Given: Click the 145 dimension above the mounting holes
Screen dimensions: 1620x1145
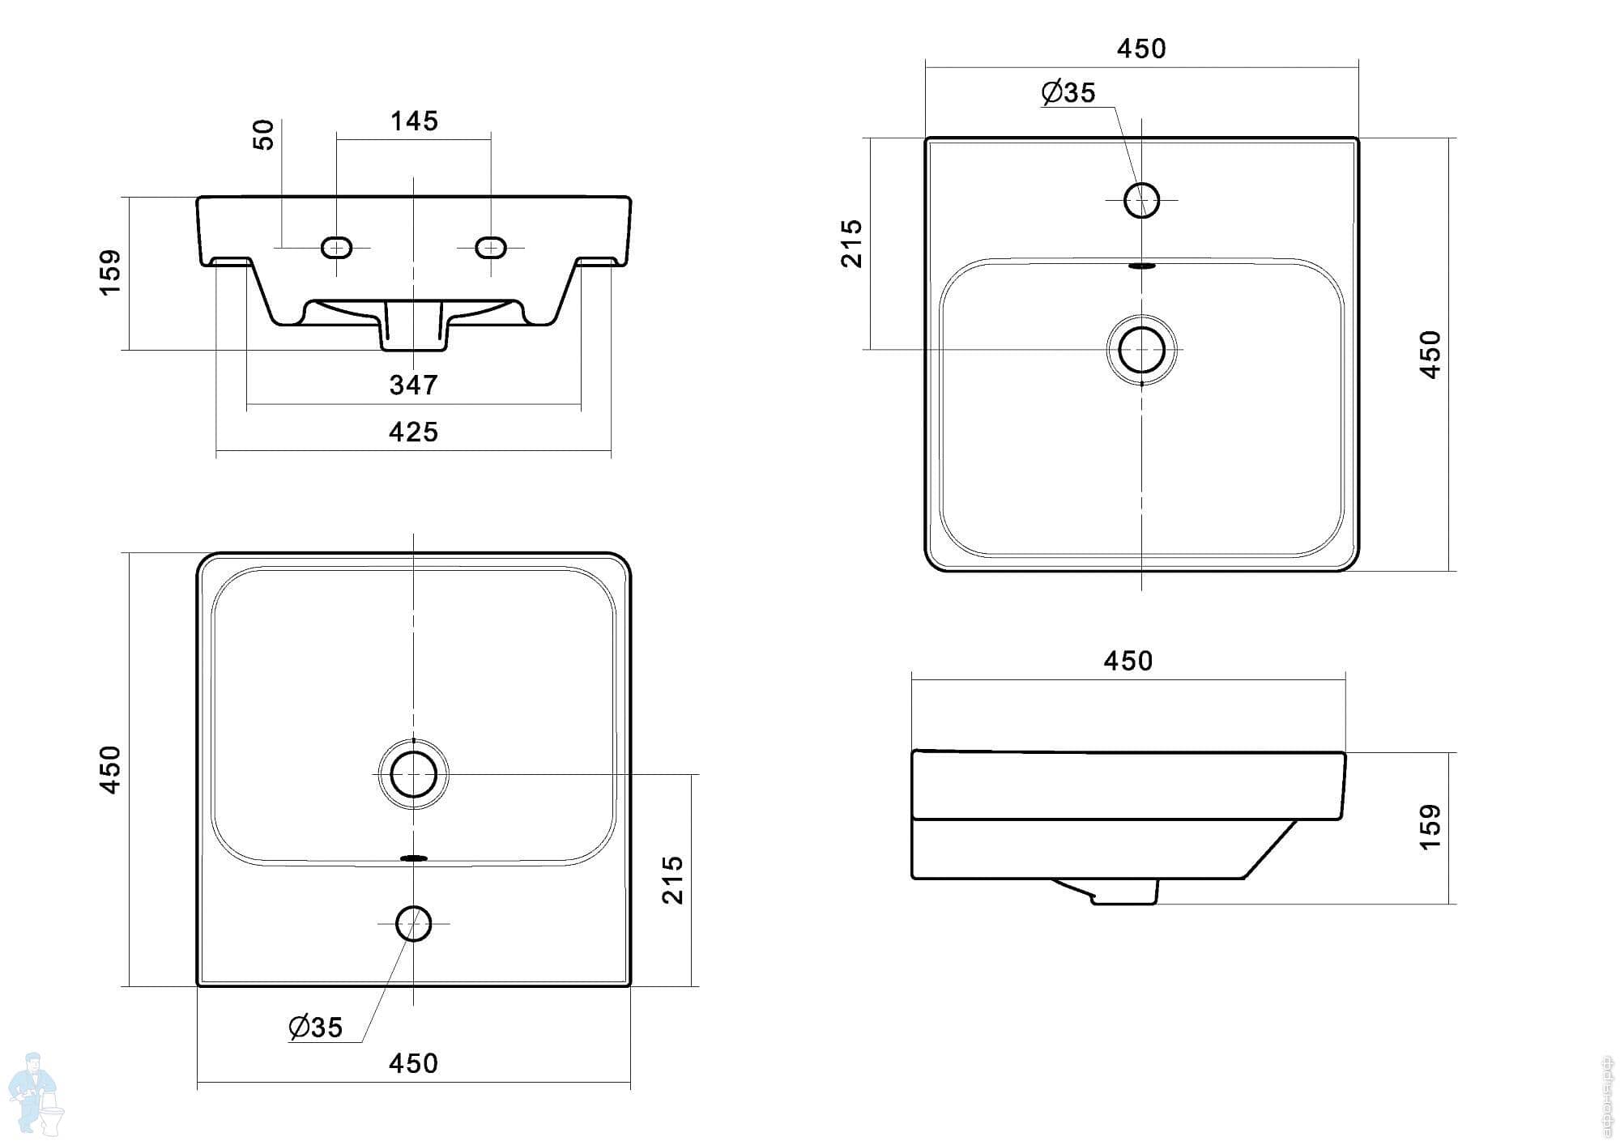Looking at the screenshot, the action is click(x=414, y=121).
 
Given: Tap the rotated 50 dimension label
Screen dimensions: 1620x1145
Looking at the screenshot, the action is click(x=264, y=134).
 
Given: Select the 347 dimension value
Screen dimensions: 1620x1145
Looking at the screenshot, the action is click(x=413, y=385).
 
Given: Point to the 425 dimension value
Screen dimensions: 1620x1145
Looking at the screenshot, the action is click(x=413, y=432).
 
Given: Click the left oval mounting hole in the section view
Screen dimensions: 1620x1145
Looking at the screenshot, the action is click(x=336, y=247).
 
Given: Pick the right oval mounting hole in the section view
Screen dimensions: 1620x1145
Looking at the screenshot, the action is click(x=491, y=247).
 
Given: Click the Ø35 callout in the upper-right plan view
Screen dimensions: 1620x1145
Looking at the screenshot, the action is click(x=1068, y=93).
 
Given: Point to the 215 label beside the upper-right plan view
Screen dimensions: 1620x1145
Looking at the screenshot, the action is click(x=852, y=243).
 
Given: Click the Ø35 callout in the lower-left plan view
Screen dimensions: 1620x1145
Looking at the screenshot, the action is click(x=316, y=1028).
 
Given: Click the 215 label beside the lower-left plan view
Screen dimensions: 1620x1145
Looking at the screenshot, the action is click(x=673, y=879).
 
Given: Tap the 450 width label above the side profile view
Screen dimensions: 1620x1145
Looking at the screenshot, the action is click(x=1128, y=662).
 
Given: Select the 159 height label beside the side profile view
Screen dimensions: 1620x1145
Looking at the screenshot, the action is click(x=1430, y=827).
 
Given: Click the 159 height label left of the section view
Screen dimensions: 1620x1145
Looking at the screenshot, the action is click(x=110, y=272).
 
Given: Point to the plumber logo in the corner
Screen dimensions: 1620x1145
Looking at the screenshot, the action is click(x=34, y=1092).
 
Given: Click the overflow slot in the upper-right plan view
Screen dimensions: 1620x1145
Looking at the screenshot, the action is click(x=1142, y=265).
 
